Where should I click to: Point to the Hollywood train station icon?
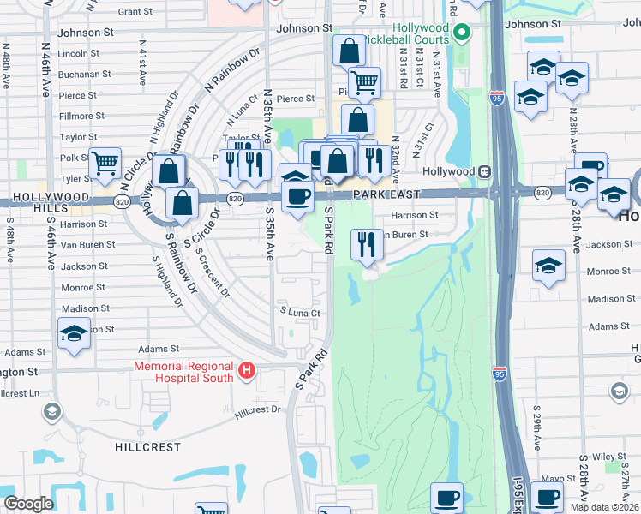pos(484,171)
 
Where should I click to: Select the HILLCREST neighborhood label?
pos(147,447)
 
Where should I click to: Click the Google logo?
pos(28,503)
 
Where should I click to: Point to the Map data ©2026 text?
pos(603,507)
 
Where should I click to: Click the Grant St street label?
pos(135,12)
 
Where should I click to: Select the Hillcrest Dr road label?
pos(257,410)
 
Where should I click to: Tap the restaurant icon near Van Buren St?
pos(367,245)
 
